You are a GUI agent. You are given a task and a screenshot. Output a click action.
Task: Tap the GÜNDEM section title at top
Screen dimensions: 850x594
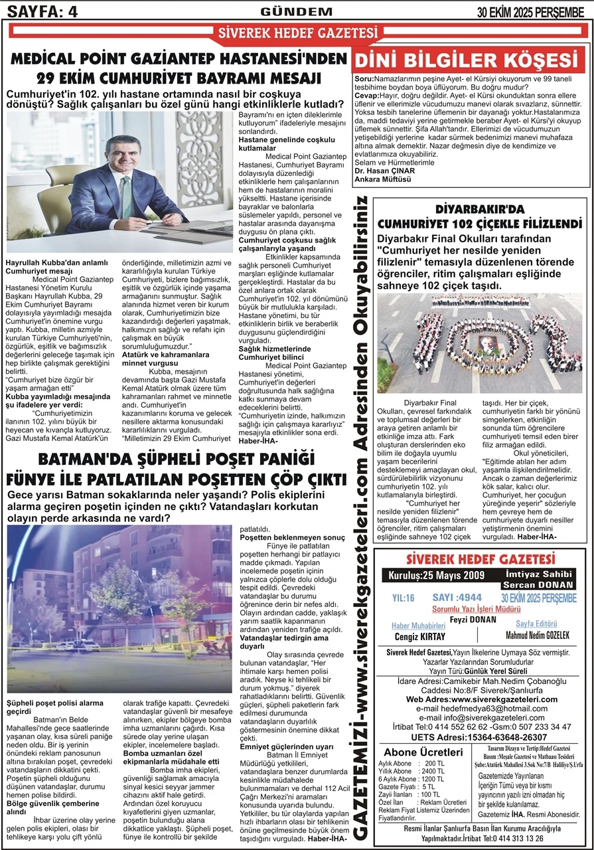point(296,11)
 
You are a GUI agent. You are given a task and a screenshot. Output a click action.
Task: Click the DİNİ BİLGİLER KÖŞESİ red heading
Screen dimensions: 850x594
point(470,60)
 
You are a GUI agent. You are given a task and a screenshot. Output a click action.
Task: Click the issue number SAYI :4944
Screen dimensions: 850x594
point(457,597)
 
